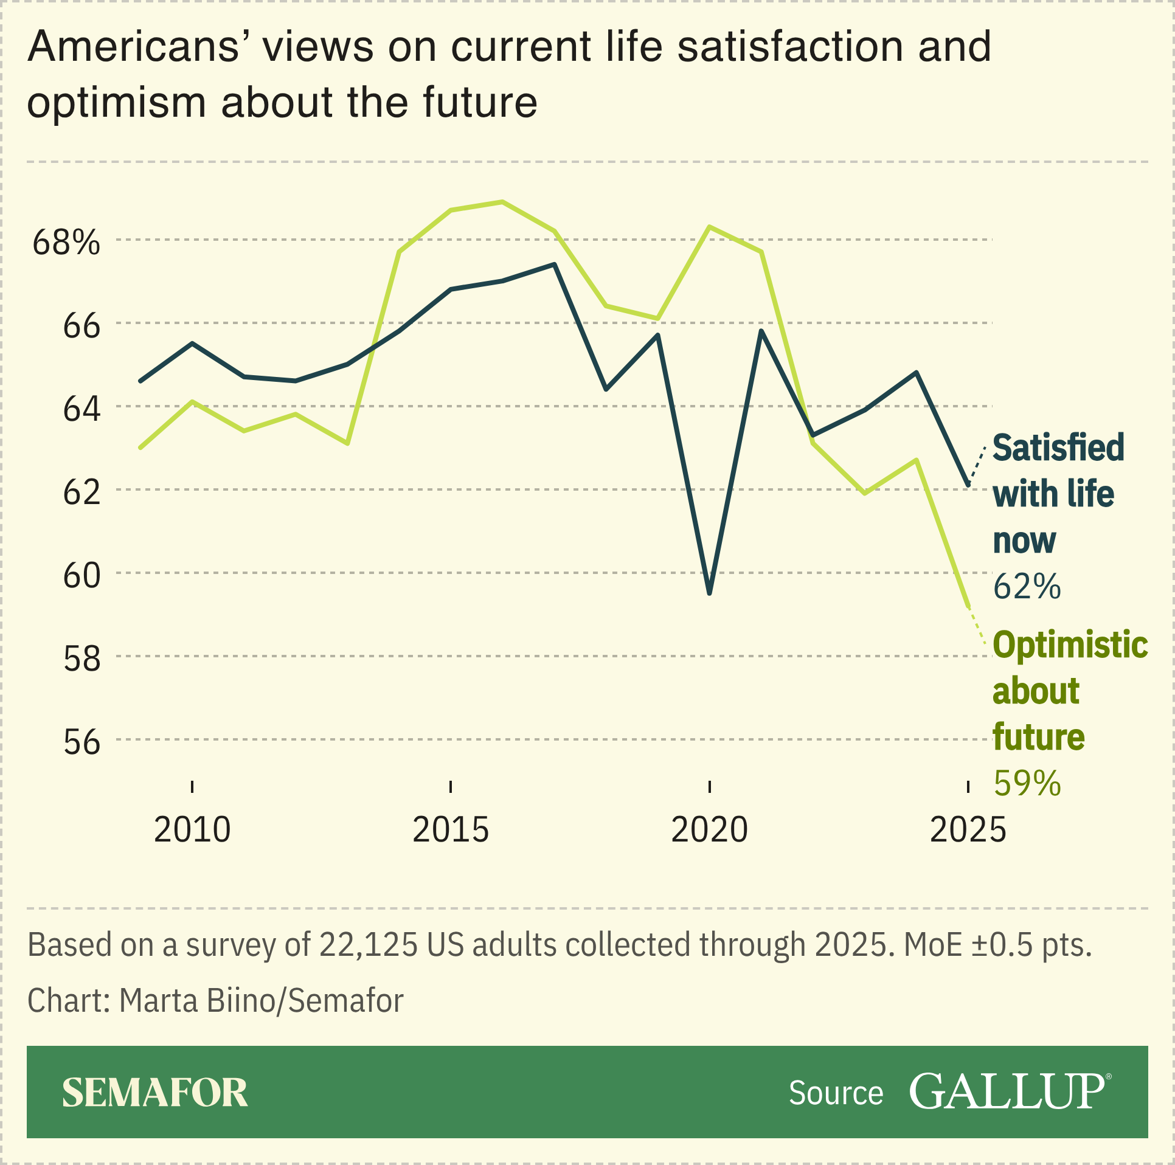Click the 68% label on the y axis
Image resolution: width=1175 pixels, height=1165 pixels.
(66, 243)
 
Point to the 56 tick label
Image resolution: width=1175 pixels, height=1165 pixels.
(81, 742)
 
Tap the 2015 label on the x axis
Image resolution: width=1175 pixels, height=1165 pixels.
(451, 829)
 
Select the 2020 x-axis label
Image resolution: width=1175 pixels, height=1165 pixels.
(709, 829)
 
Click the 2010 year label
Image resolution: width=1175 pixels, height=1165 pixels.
(192, 829)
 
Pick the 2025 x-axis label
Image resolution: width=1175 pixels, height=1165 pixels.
(968, 829)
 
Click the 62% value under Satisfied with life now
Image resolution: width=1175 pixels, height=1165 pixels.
(1027, 587)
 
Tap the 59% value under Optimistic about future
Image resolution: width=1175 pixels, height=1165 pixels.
(1027, 783)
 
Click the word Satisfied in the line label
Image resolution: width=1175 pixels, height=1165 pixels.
(1058, 448)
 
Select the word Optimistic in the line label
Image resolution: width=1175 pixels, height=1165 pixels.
(1070, 645)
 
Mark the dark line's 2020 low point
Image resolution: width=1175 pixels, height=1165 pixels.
(710, 593)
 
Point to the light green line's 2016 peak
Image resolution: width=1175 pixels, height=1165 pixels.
(502, 202)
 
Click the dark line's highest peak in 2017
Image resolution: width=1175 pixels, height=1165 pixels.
(554, 264)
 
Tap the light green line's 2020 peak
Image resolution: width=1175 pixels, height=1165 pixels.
(710, 227)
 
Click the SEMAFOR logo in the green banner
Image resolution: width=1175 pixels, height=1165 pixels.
(155, 1093)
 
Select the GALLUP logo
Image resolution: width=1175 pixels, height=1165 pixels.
(1008, 1092)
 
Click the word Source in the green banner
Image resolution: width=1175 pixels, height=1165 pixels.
(836, 1093)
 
